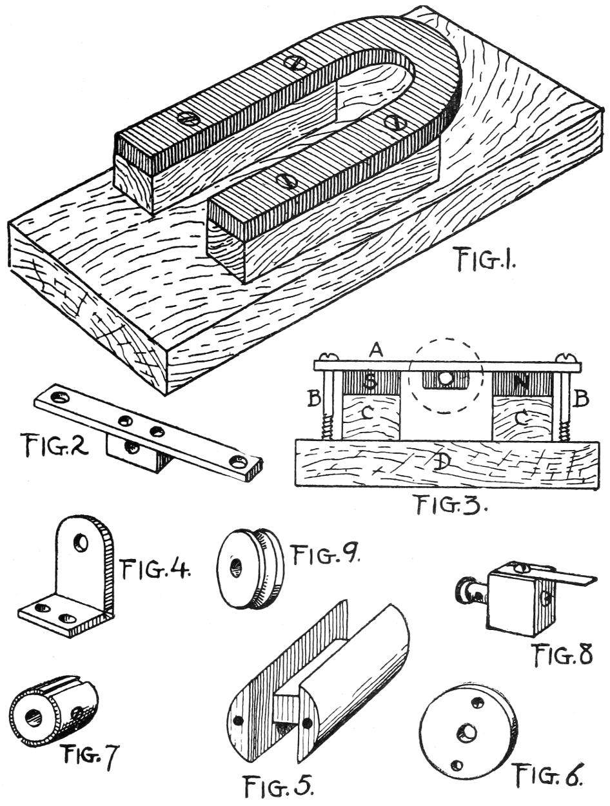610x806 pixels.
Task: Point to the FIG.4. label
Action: (x=155, y=569)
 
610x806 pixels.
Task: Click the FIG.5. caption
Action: (x=279, y=785)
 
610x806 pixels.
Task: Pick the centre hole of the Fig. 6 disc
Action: (x=466, y=731)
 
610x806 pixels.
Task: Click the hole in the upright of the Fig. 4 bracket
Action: (x=81, y=543)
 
